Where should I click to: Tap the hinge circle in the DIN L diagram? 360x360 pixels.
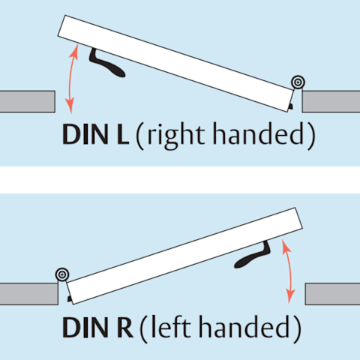[298, 82]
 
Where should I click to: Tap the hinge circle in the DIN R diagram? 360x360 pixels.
[62, 274]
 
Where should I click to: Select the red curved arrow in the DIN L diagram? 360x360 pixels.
[70, 79]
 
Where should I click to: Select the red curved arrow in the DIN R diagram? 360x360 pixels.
[290, 271]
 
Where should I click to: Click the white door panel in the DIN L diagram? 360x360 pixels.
[176, 64]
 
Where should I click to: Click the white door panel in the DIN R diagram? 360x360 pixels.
[184, 256]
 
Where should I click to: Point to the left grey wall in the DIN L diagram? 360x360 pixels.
[28, 101]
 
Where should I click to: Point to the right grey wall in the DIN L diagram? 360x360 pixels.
[331, 101]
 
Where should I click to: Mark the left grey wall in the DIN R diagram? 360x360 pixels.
[29, 294]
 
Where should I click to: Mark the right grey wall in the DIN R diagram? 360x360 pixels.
[332, 294]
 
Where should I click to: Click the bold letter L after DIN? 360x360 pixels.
[123, 134]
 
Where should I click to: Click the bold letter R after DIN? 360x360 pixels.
[124, 327]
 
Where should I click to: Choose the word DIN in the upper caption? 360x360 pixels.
[85, 134]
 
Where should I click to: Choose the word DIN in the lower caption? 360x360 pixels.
[85, 327]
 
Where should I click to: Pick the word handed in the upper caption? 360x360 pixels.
[258, 133]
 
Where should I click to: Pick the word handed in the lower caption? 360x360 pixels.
[244, 326]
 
